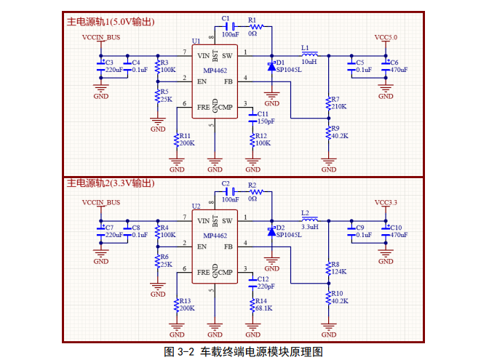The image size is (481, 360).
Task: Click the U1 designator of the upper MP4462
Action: tap(196, 41)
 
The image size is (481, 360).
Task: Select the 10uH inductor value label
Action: tap(309, 62)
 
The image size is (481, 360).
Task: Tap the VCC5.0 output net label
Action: tap(386, 36)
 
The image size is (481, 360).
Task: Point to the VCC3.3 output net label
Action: tap(386, 201)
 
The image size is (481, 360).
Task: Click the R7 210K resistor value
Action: tap(339, 107)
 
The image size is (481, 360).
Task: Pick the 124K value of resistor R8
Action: tap(338, 271)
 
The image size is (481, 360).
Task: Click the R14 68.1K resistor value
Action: tap(263, 308)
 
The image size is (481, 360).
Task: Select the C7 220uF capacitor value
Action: tap(114, 235)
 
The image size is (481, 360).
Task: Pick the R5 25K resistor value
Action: tap(166, 99)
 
